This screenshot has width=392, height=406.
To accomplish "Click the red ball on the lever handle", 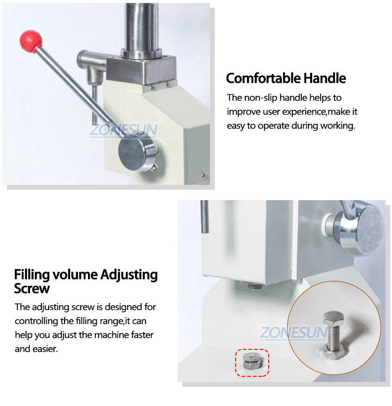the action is pyautogui.click(x=30, y=41).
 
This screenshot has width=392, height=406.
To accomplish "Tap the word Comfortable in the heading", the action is pyautogui.click(x=263, y=78).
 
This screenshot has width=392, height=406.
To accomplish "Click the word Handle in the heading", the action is pyautogui.click(x=324, y=78).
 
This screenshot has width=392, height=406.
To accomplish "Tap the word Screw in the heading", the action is pyautogui.click(x=32, y=288).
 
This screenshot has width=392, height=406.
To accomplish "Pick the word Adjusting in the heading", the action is pyautogui.click(x=129, y=275).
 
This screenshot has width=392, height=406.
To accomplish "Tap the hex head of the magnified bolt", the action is pyautogui.click(x=334, y=318).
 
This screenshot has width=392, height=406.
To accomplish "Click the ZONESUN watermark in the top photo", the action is pyautogui.click(x=123, y=130).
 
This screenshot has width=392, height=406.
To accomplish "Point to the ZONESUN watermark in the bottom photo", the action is pyautogui.click(x=294, y=332).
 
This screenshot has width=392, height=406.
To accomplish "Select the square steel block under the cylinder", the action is pyautogui.click(x=141, y=70).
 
